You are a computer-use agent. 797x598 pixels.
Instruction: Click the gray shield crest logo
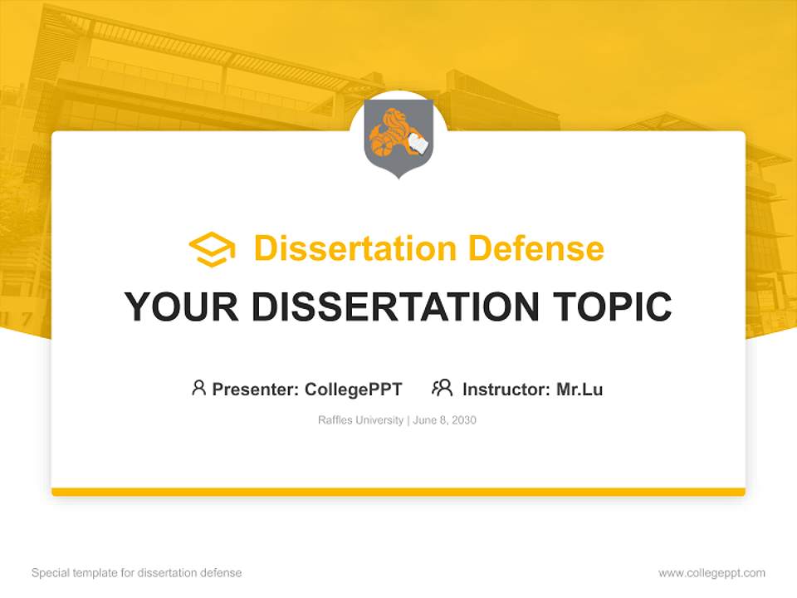pos(398,140)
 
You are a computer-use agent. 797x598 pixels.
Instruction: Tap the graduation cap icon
pos(212,249)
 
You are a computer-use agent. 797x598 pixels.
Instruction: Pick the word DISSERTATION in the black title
pos(395,307)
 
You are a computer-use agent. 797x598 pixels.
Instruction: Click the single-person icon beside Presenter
pos(198,388)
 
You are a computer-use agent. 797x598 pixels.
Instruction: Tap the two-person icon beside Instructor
pos(442,388)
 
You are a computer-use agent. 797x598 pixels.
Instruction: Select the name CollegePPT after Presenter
pos(354,389)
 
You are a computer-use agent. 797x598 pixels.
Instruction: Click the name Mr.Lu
pos(579,389)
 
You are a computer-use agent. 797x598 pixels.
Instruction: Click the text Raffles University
pos(359,420)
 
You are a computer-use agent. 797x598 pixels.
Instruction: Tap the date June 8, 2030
pos(444,420)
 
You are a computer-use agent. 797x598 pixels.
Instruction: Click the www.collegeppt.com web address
pos(711,573)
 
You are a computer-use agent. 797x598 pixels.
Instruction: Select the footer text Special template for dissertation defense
pos(136,573)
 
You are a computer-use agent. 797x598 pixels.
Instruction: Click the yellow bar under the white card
pos(398,492)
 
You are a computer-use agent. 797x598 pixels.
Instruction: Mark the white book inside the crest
pos(418,145)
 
